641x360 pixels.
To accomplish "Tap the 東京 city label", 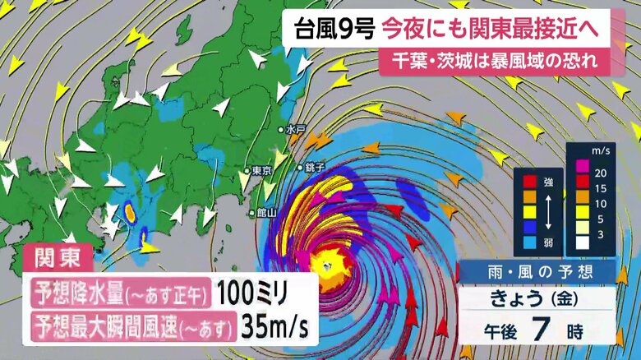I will point(262,171).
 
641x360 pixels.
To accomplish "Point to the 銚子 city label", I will point(315,167).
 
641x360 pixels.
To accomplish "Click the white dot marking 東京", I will point(247,171).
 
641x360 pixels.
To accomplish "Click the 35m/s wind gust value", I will point(274,327).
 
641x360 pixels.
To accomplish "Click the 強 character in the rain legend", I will point(547,178).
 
